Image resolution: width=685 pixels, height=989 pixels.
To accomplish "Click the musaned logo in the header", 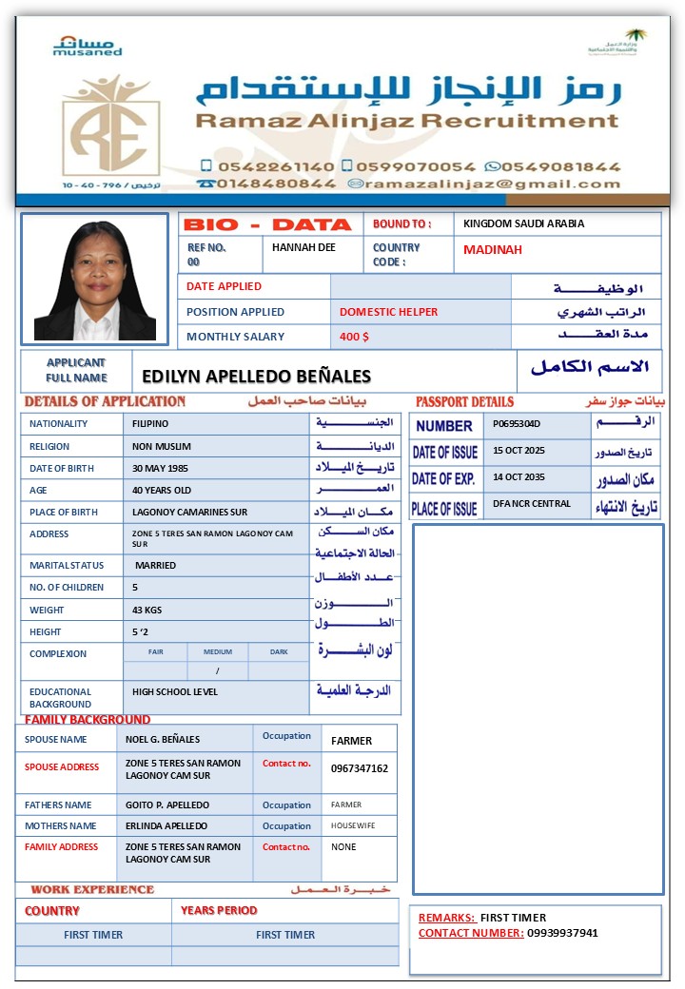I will [88, 46].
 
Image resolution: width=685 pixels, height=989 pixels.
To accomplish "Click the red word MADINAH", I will [493, 250].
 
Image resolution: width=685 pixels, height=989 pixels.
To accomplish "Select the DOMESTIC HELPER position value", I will [389, 312].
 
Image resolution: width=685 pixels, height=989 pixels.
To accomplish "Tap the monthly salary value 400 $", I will [354, 337].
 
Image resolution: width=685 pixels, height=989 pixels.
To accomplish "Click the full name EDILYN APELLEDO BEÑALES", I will [256, 377].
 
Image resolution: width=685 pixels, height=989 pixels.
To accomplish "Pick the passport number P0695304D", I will [517, 424].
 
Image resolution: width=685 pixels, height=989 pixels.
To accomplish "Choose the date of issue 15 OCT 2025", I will [519, 450].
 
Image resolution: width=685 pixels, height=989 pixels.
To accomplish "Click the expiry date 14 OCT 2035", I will [519, 477].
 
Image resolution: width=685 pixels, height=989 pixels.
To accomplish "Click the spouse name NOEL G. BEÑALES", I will [163, 740].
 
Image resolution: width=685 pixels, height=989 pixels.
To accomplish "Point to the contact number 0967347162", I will [360, 768].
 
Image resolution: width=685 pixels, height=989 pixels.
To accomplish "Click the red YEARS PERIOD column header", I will [219, 910].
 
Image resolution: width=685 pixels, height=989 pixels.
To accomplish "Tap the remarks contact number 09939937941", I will [562, 933].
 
